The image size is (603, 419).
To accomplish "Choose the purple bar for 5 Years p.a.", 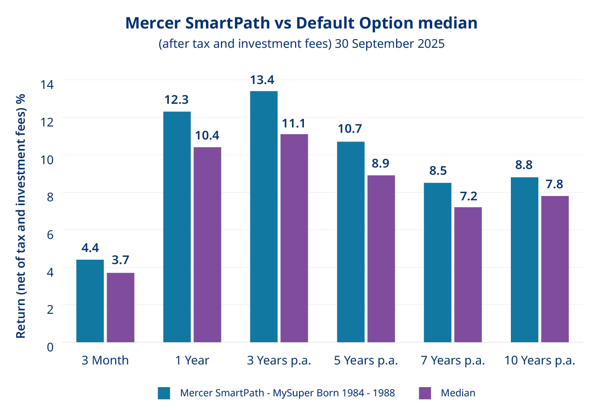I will coord(381,259).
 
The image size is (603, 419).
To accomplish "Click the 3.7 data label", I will coord(121,261).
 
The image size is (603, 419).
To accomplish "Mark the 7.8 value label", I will coord(555,184).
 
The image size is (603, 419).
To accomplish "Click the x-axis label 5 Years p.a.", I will coord(366,361).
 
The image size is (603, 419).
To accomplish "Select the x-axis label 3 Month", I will coord(105,361).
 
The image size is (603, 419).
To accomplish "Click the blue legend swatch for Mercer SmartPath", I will coord(164,393).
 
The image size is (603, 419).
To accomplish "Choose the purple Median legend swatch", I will coord(425,393).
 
